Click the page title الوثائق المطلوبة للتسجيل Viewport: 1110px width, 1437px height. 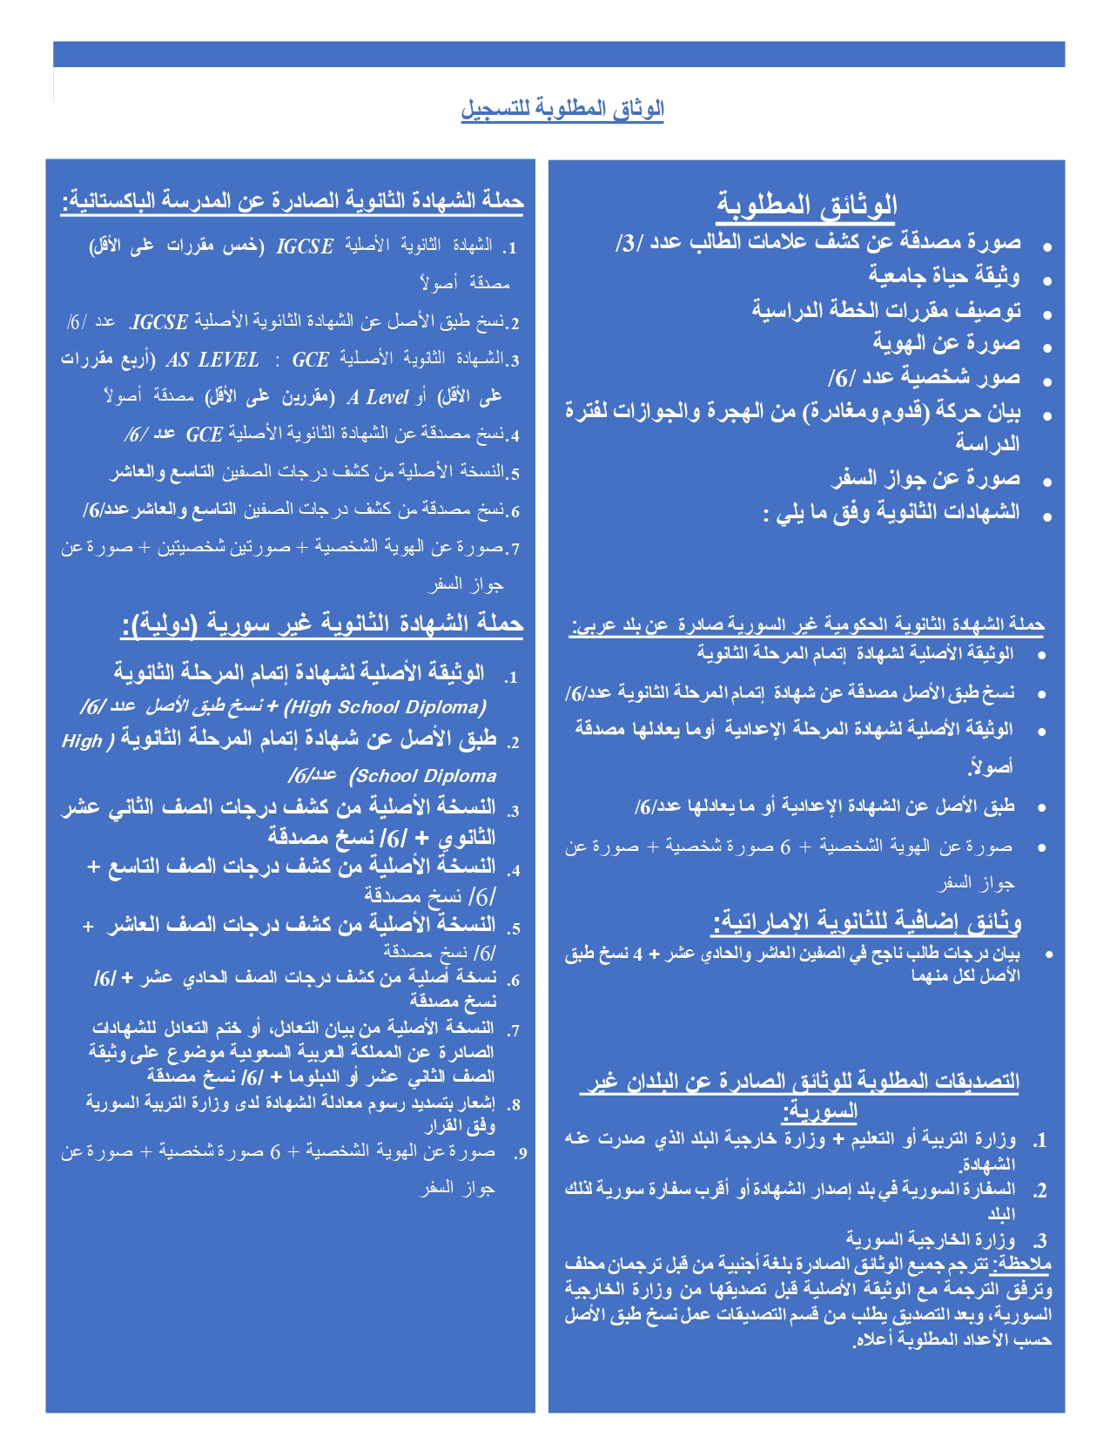[562, 109]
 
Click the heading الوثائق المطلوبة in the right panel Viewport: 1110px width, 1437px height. [806, 206]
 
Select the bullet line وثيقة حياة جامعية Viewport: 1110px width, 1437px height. [944, 276]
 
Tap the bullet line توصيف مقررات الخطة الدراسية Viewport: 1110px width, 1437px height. [885, 310]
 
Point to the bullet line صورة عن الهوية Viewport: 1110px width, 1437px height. [946, 343]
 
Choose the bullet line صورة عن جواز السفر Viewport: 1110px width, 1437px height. [925, 478]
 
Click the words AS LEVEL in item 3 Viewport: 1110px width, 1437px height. [212, 360]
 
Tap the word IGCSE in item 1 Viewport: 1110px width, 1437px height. [305, 246]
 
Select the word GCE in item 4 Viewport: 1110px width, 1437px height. [205, 434]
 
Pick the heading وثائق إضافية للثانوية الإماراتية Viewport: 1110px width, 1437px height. [866, 921]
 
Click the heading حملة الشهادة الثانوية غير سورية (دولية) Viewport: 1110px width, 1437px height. [321, 624]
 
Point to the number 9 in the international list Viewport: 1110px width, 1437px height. [520, 1154]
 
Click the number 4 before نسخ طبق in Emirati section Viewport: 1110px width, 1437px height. [637, 955]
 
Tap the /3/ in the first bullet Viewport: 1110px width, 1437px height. [629, 243]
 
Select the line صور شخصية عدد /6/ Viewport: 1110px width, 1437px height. [924, 378]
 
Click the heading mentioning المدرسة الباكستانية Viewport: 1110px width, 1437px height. [293, 201]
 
